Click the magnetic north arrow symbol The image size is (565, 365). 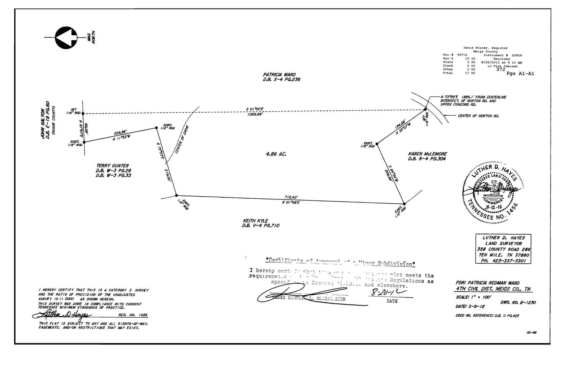coord(66,37)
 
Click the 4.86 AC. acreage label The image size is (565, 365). coord(276,154)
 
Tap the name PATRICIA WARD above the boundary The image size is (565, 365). coord(279,75)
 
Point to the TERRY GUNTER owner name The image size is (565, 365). coord(112,166)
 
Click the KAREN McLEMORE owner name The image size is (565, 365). coord(427,154)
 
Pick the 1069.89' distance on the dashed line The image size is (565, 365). coord(255,115)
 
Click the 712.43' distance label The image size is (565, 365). coord(291,197)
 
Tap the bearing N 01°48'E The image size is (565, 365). coord(291,202)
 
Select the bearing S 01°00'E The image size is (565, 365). coord(255,109)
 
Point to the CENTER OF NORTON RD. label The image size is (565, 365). coord(478,116)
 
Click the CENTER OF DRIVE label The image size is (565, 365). coord(182,140)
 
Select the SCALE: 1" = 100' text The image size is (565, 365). coord(474,297)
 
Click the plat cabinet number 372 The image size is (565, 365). coord(501,70)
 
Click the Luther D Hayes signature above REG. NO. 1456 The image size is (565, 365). coord(62,315)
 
